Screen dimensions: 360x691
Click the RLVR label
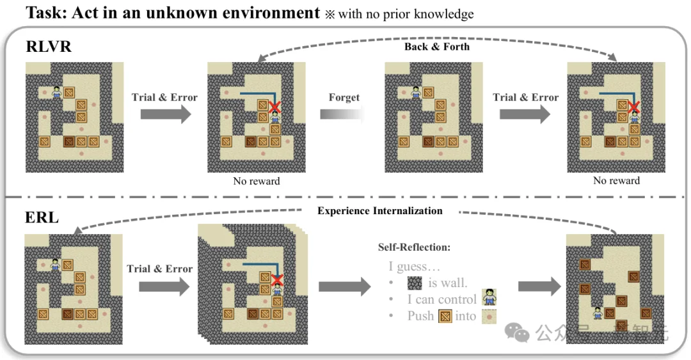tap(49, 47)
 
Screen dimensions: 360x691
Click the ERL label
tap(42, 217)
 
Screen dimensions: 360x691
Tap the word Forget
tap(344, 97)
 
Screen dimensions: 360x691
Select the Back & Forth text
tap(437, 47)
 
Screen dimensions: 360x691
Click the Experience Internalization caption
tap(380, 210)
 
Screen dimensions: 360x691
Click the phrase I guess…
tap(415, 267)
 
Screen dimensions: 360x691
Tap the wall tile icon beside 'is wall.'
tap(415, 283)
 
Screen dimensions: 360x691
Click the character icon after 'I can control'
tap(489, 298)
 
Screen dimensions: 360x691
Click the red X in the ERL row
tap(276, 279)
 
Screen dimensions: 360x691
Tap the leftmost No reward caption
tap(256, 181)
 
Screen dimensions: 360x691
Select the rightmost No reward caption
tap(616, 181)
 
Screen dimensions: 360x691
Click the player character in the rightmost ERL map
tap(598, 313)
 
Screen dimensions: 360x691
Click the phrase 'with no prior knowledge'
tap(406, 14)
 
